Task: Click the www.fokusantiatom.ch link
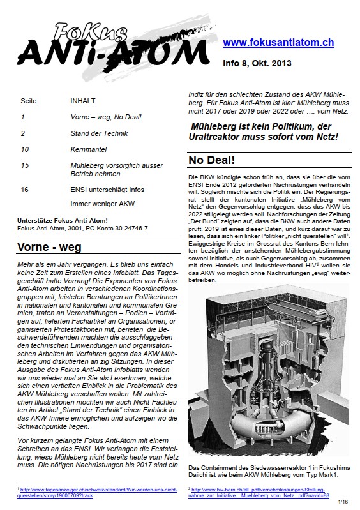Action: coord(278,43)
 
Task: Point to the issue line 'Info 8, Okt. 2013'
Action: coord(257,63)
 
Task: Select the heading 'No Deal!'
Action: coord(212,160)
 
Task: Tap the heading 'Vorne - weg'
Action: coord(49,247)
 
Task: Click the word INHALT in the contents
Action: coord(83,101)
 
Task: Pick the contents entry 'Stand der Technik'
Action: coord(99,133)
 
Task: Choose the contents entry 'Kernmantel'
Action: coord(89,149)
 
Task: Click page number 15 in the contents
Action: coord(25,165)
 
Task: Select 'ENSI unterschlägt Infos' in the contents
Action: coord(107,190)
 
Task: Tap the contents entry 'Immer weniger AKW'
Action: coord(102,204)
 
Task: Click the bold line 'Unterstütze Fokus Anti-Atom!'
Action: coord(63,221)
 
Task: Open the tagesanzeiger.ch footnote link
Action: coord(97,492)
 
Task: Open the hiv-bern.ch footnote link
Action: coord(259,492)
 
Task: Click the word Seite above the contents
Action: coord(29,101)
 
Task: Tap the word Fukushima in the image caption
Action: coord(335,468)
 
